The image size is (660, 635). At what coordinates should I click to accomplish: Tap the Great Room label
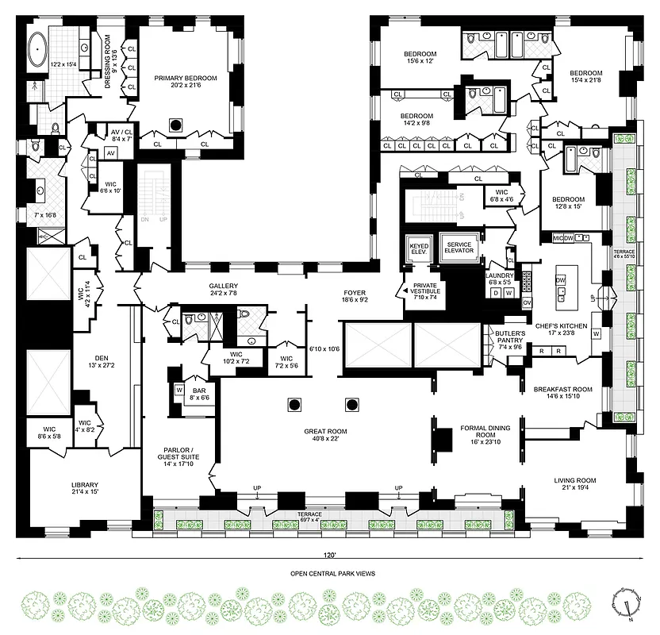tap(325, 432)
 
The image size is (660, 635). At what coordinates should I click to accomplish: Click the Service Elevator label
tap(459, 248)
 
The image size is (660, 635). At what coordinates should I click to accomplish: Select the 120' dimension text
tap(328, 556)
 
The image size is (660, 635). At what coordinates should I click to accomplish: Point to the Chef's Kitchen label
tap(561, 325)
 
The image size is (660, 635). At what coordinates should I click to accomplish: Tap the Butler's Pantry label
tap(510, 337)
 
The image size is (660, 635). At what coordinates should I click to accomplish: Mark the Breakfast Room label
tap(562, 389)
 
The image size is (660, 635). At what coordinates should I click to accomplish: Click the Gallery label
tap(223, 287)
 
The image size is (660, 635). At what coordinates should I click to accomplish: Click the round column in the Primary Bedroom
tap(177, 124)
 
